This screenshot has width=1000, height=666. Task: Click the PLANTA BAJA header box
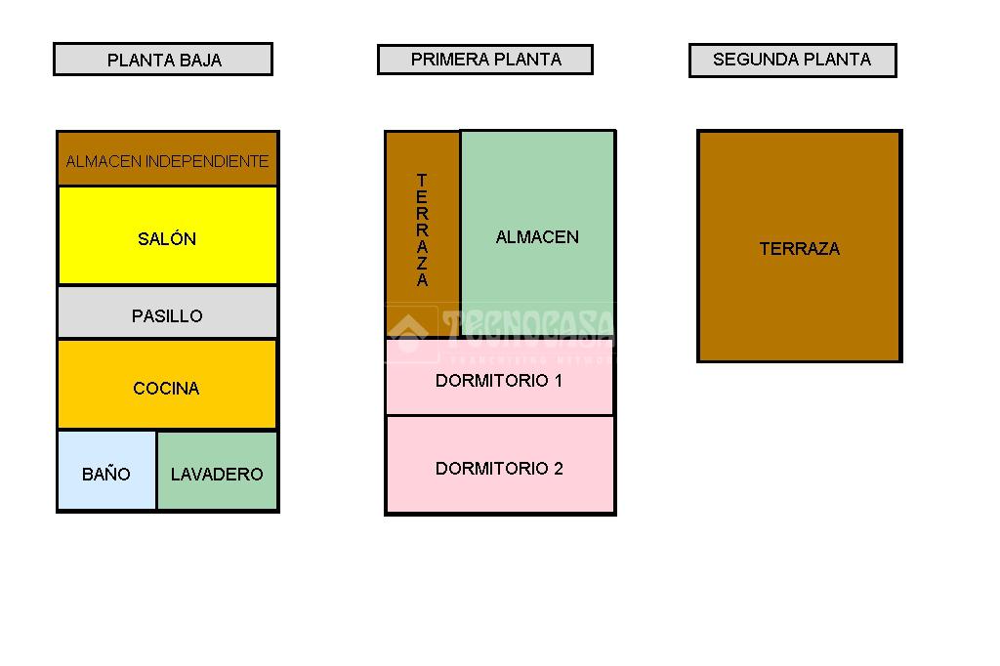pos(163,60)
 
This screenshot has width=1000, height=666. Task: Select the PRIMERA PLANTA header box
pos(485,60)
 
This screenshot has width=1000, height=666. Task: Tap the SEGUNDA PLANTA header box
pos(792,60)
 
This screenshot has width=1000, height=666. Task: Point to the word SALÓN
pos(167,239)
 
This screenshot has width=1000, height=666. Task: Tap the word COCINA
pos(166,389)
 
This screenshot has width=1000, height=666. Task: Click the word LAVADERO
pos(217,475)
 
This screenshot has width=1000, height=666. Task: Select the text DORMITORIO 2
pos(499,469)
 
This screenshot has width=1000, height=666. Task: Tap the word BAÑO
pos(106,475)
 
